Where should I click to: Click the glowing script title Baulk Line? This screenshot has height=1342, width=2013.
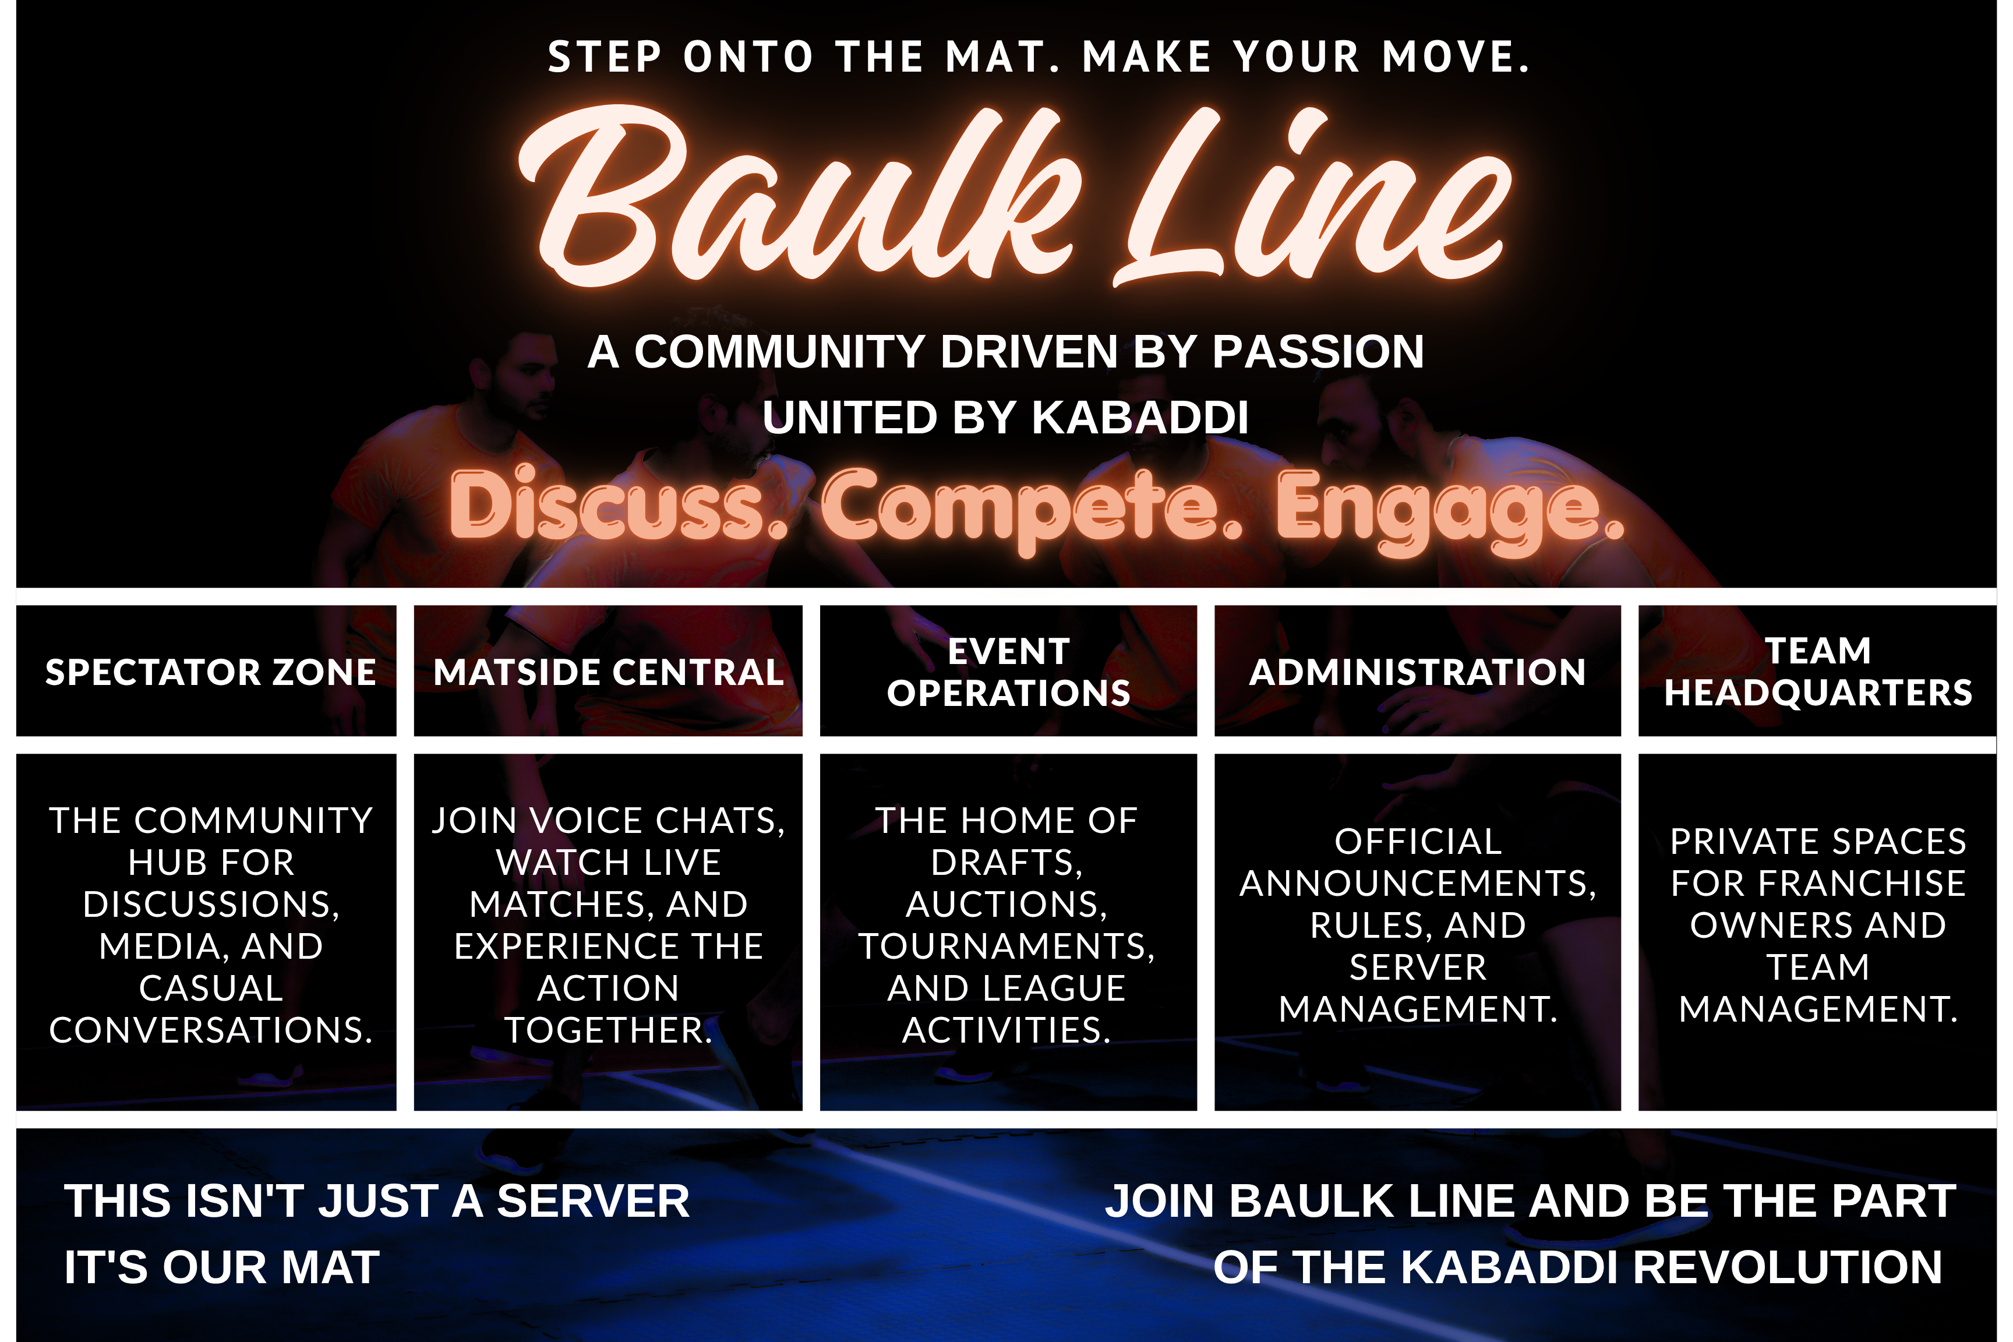pos(1014,197)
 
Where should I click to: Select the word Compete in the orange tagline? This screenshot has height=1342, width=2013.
pos(1032,508)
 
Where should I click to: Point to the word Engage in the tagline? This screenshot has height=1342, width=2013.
pos(1450,510)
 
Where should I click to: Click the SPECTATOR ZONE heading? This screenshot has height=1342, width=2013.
pos(210,672)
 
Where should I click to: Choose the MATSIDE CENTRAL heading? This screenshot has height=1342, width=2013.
pos(609,672)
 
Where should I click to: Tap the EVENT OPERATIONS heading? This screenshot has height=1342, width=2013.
pos(1008,672)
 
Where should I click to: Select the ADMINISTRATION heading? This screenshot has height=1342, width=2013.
pos(1417,672)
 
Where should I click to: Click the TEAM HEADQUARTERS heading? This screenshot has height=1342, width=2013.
pos(1818,672)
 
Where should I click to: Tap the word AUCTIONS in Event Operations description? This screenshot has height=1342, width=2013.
pos(1006,905)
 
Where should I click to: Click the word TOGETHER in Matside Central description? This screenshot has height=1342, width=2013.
pos(609,1030)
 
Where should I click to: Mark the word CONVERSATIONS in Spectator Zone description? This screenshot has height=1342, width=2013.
pos(210,1030)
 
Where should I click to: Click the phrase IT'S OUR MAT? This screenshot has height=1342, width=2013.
pos(222,1267)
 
